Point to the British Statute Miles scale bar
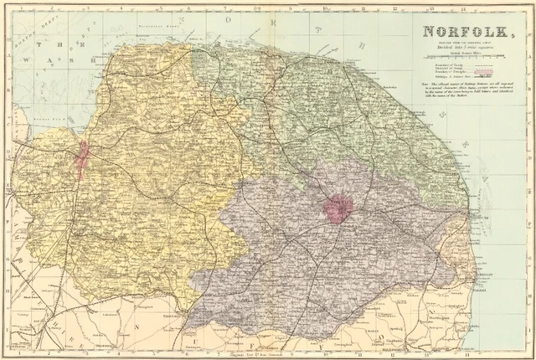click(x=461, y=66)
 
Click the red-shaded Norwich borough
click(x=338, y=209)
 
